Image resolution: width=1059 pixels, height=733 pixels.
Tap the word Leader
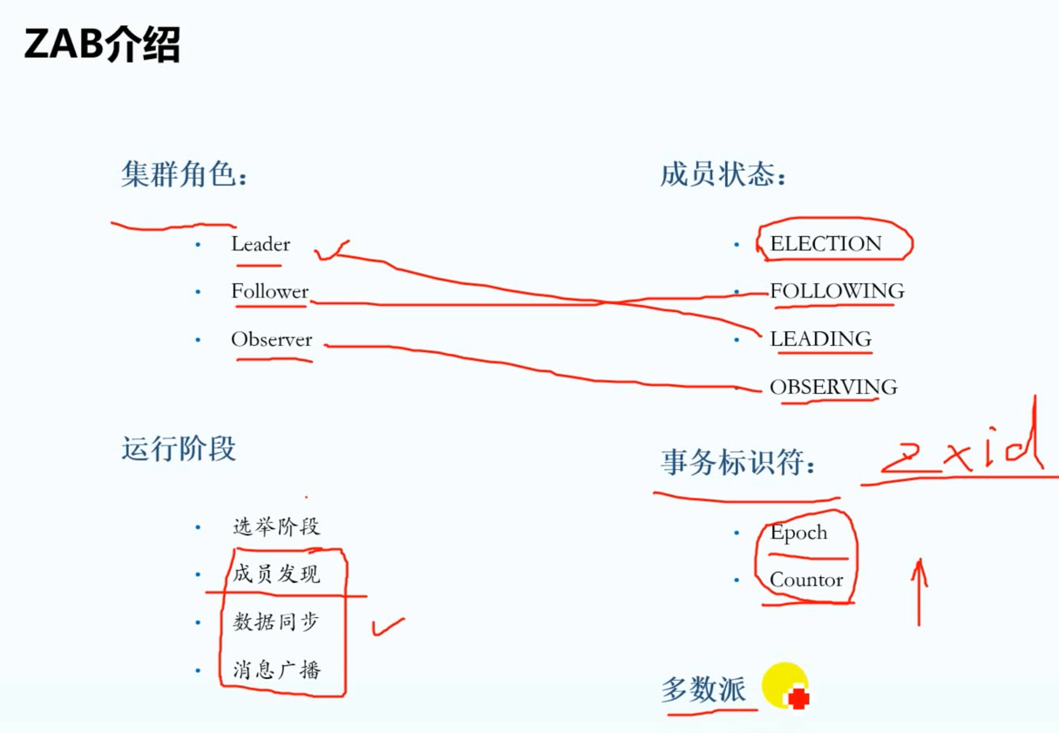(x=261, y=244)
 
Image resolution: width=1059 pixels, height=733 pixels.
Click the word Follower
(x=270, y=291)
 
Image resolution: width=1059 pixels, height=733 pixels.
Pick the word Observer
(x=271, y=339)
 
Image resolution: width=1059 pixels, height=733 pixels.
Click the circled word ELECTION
(x=825, y=244)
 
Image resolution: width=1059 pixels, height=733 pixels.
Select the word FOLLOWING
(x=837, y=291)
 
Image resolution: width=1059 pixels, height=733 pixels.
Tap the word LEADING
(x=820, y=339)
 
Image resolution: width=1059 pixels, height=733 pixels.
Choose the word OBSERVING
(x=833, y=386)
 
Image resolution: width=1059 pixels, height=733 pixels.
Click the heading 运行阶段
(x=179, y=449)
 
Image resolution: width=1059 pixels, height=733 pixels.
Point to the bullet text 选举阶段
(x=276, y=526)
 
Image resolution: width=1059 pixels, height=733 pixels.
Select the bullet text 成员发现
(x=276, y=574)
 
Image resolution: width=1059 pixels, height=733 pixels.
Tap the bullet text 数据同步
(x=276, y=621)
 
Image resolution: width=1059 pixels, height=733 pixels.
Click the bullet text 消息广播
(x=276, y=669)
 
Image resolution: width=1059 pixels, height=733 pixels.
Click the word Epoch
(x=798, y=533)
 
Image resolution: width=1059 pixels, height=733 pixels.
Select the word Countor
(x=806, y=580)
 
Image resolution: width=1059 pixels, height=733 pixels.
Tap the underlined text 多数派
(x=703, y=690)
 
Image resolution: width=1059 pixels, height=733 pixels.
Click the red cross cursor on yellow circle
(x=798, y=697)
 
